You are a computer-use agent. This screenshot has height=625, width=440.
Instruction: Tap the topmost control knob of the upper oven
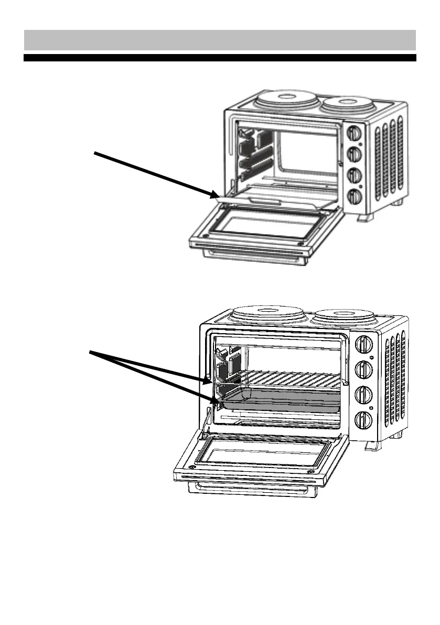(x=355, y=131)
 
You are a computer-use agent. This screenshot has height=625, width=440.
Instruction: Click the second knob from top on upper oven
(x=356, y=154)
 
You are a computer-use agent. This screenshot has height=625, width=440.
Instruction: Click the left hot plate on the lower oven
(x=268, y=317)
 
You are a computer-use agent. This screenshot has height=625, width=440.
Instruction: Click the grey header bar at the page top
(x=220, y=40)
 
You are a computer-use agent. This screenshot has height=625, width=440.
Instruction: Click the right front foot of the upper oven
(x=365, y=216)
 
